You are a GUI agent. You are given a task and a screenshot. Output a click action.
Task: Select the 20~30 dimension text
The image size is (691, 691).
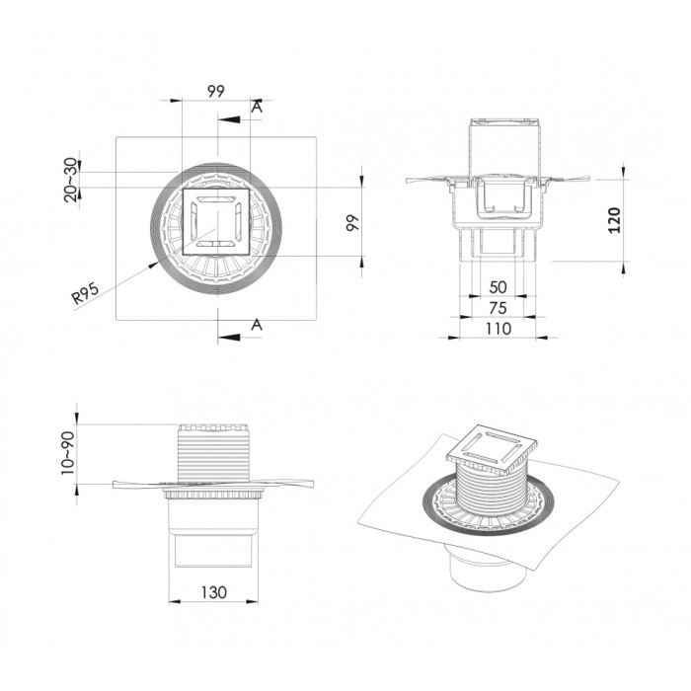coord(69,179)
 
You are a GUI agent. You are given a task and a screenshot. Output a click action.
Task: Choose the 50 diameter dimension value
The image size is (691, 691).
coord(499,287)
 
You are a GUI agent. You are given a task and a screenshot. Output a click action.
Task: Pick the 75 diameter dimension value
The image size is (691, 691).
coord(499,307)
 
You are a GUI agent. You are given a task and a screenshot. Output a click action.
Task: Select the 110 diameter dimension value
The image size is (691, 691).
coord(499,328)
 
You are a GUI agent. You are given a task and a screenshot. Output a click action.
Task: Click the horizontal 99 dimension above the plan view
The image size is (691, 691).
coord(216,91)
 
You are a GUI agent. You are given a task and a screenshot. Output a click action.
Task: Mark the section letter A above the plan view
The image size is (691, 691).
coord(257,107)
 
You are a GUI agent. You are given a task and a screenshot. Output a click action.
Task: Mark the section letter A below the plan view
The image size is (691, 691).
coord(257,324)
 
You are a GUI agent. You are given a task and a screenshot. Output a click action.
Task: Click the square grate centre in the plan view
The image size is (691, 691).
coord(216,223)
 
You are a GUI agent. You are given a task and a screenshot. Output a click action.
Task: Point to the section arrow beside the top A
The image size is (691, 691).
coord(229,119)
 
